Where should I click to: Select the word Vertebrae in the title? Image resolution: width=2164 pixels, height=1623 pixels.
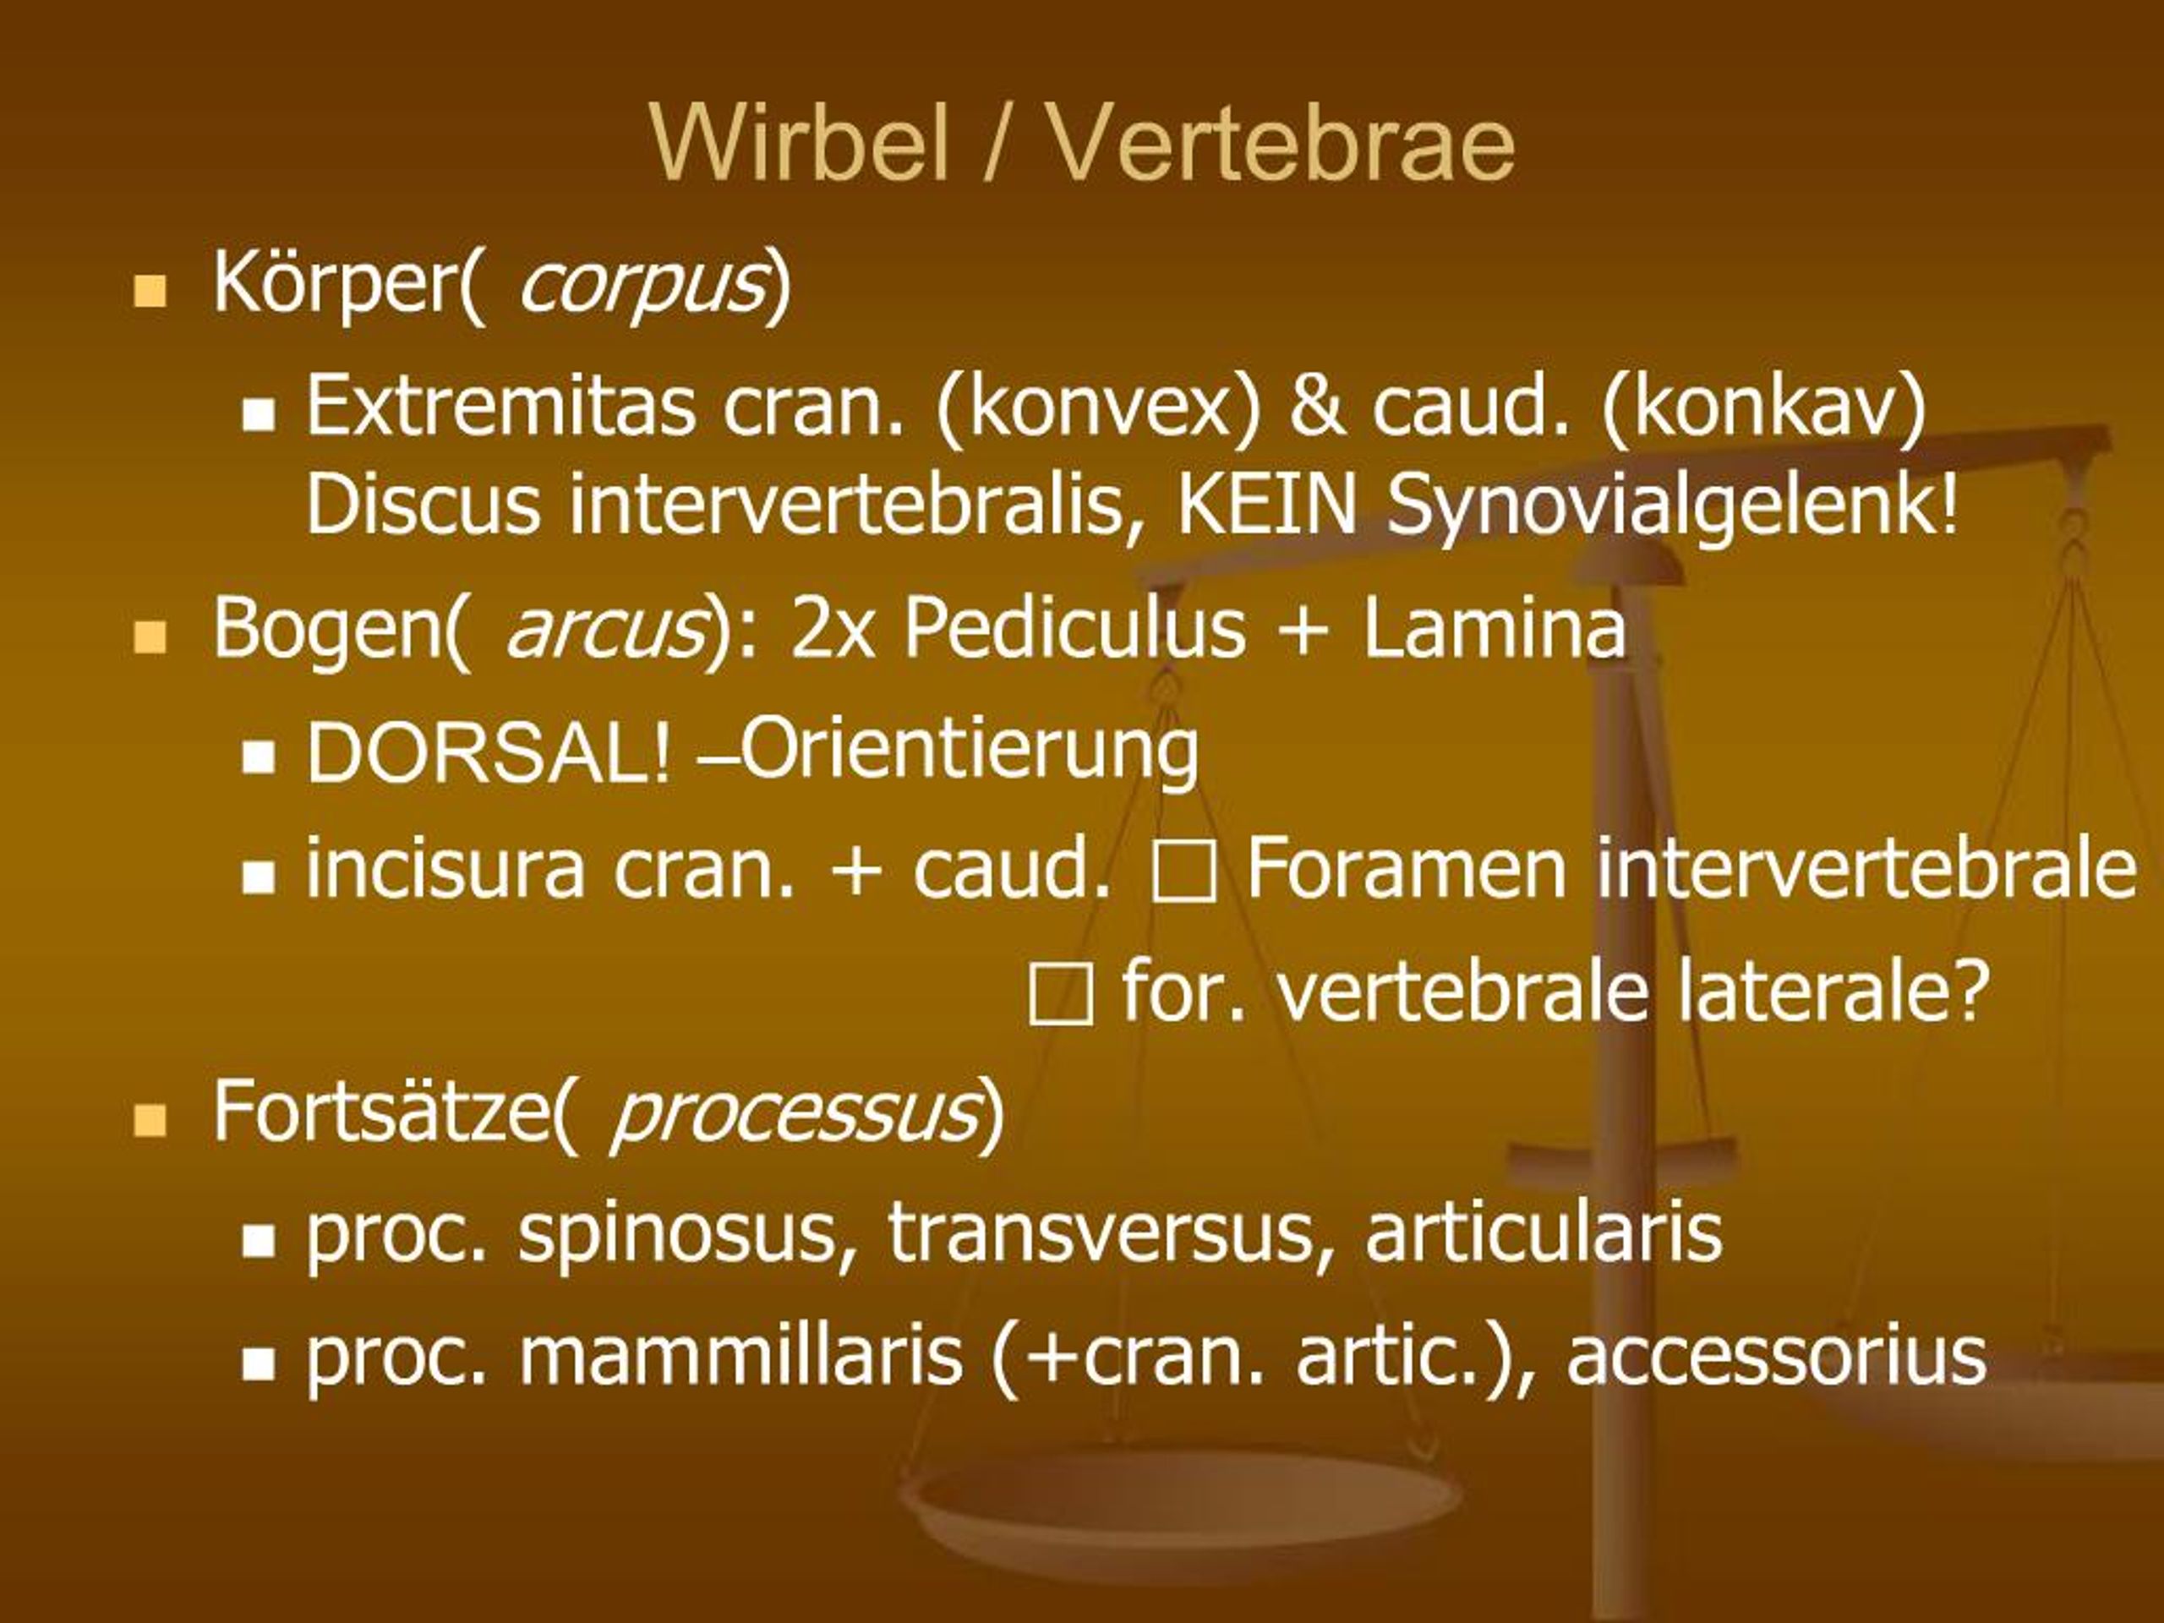pyautogui.click(x=1282, y=143)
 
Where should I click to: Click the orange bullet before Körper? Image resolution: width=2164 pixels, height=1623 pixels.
pyautogui.click(x=150, y=292)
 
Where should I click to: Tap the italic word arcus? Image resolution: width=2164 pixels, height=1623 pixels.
pyautogui.click(x=604, y=629)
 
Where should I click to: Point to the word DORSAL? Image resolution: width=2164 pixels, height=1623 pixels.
pyautogui.click(x=489, y=753)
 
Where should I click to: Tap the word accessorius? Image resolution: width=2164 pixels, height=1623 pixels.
pyautogui.click(x=1777, y=1358)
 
